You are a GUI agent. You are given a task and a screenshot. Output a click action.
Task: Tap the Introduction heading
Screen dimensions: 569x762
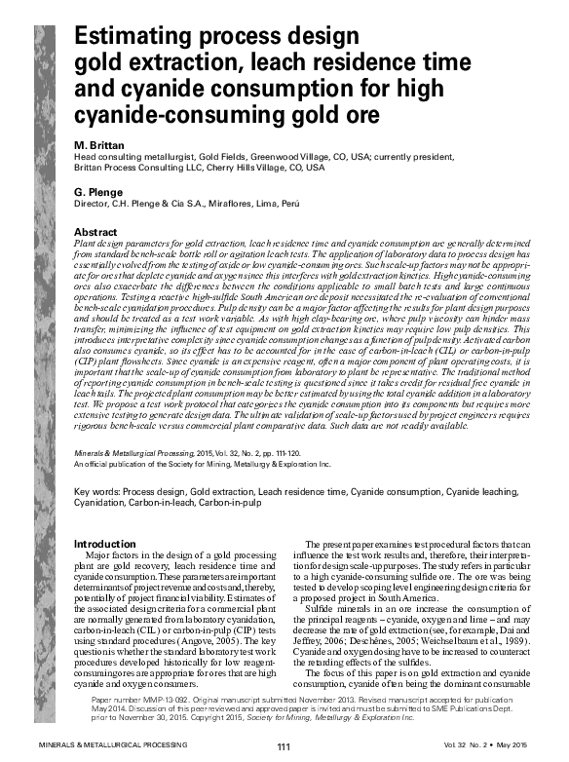(105, 544)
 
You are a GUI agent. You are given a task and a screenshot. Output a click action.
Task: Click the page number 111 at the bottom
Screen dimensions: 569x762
(284, 747)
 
